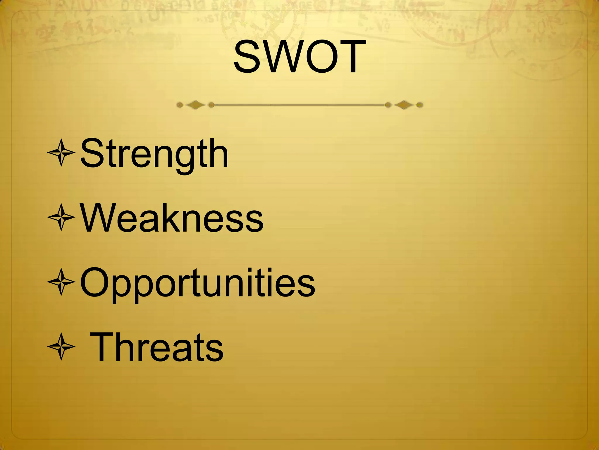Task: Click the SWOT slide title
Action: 299,57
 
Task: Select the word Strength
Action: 154,154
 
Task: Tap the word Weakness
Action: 172,218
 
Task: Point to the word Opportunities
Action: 197,283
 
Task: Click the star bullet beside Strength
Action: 61,153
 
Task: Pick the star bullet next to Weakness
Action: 61,217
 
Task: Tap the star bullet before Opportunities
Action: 61,282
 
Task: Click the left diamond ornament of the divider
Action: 195,105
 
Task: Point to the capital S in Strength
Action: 92,154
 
